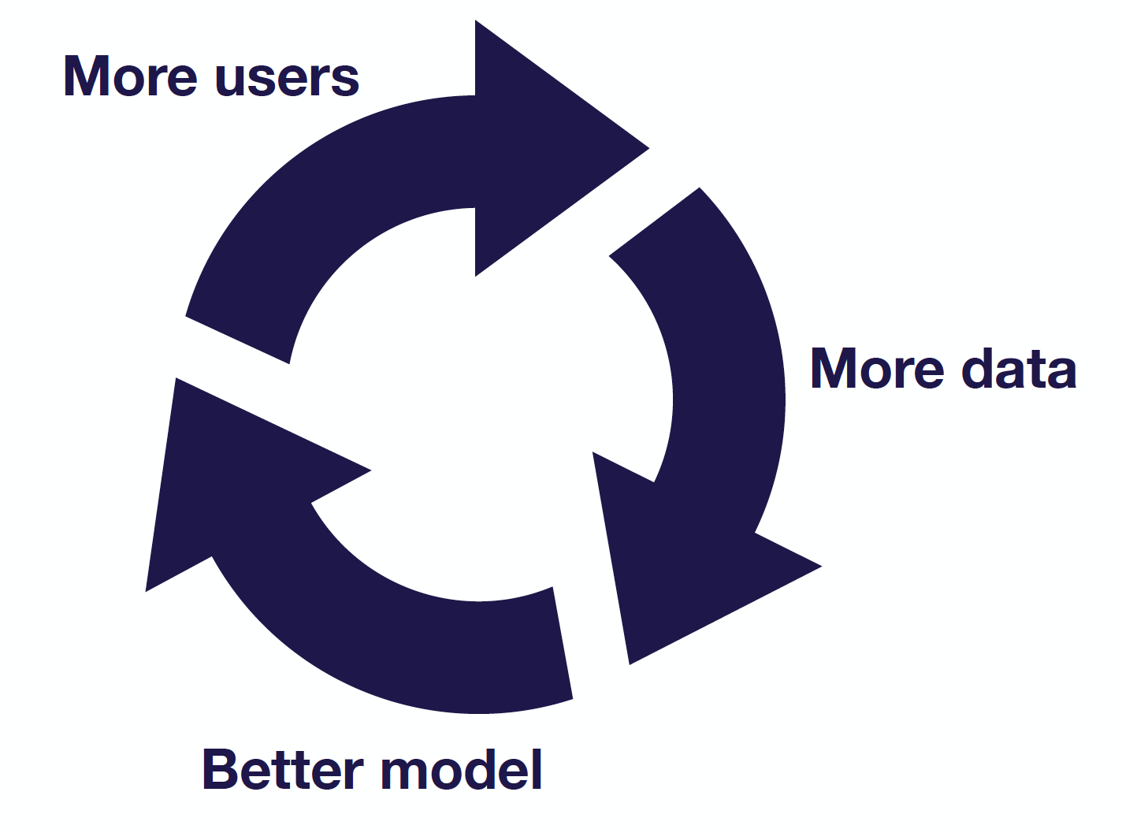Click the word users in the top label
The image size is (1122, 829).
click(287, 79)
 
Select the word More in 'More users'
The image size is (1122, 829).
click(130, 76)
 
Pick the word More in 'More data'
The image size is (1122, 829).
click(877, 368)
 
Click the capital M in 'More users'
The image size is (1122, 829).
click(86, 76)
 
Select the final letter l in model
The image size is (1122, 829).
click(537, 769)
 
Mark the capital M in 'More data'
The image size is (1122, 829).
click(833, 369)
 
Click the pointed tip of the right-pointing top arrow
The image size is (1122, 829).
click(648, 148)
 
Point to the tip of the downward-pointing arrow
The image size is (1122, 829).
click(630, 664)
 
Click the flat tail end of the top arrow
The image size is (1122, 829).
click(238, 340)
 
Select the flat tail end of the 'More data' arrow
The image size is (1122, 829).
click(654, 221)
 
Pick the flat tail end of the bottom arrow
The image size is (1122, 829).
click(563, 643)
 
